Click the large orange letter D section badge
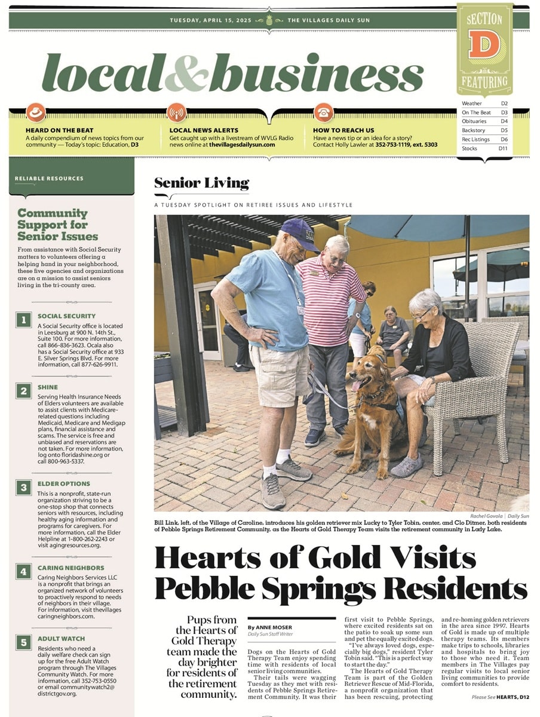coord(484,45)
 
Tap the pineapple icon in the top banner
coord(269,20)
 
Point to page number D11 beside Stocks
coord(502,148)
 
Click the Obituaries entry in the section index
coord(474,121)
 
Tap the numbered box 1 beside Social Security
coord(23,320)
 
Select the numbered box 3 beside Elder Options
coord(23,488)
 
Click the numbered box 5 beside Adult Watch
coord(23,643)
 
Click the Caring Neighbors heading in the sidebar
coord(70,568)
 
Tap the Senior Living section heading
coord(201,183)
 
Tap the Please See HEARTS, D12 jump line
coord(499,697)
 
